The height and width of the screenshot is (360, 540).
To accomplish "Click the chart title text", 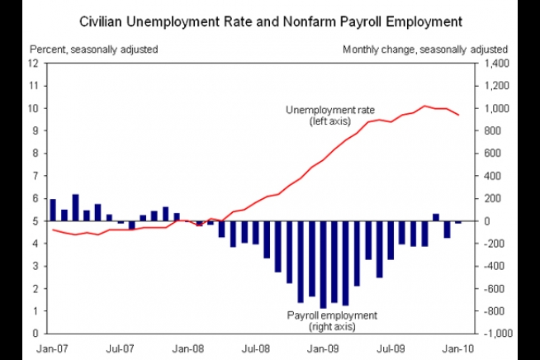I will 270,18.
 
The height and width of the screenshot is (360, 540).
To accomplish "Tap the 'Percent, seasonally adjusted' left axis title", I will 93,50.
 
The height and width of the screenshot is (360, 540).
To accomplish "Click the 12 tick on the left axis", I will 34,63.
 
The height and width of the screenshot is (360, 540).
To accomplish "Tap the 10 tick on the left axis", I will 34,108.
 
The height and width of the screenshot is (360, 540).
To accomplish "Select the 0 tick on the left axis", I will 36,334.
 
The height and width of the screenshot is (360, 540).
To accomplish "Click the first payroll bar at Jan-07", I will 53,210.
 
